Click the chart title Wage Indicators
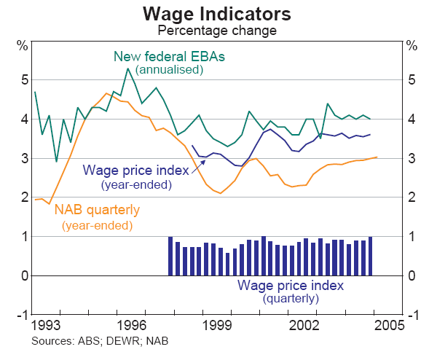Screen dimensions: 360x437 click(x=217, y=14)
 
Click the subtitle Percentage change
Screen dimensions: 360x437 click(x=217, y=31)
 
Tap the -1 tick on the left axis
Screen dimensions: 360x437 click(x=21, y=315)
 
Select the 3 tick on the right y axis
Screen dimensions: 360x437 click(x=412, y=158)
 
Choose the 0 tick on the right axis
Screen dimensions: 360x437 click(x=412, y=275)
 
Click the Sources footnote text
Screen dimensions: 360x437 click(x=100, y=340)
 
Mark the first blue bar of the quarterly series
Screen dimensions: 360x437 click(x=170, y=256)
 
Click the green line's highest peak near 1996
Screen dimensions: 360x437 click(x=128, y=69)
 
